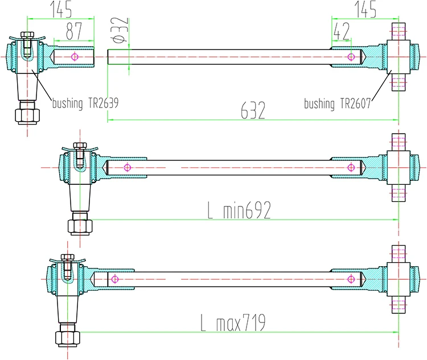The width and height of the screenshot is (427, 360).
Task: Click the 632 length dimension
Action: (253, 110)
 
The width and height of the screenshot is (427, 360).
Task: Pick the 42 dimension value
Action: (341, 32)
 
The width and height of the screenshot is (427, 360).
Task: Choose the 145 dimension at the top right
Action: (365, 9)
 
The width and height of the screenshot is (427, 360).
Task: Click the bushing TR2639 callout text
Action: (85, 104)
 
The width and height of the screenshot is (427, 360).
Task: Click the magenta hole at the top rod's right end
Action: (352, 56)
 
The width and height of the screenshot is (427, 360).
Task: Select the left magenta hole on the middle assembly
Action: (126, 168)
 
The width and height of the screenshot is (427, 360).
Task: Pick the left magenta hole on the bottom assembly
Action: (114, 279)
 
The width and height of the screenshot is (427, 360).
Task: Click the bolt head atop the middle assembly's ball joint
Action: (80, 146)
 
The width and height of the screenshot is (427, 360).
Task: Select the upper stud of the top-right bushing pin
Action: (399, 31)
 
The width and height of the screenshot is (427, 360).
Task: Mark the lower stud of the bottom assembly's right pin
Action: (399, 306)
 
